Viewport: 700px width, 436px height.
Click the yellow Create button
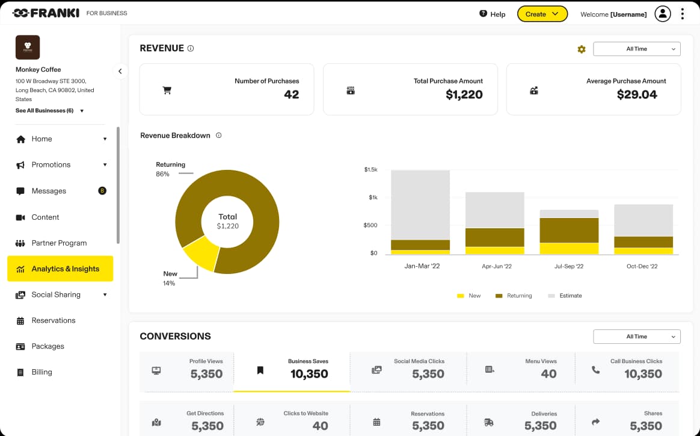pyautogui.click(x=542, y=14)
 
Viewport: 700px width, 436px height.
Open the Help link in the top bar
pyautogui.click(x=492, y=14)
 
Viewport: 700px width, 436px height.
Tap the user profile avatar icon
pyautogui.click(x=662, y=14)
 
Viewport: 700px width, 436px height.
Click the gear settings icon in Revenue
pyautogui.click(x=582, y=49)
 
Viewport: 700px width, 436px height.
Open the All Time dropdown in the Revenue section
pyautogui.click(x=636, y=49)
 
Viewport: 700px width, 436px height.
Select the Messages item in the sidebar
pyautogui.click(x=49, y=191)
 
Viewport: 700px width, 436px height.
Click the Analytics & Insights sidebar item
pyautogui.click(x=60, y=269)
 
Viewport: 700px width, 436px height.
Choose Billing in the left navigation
pyautogui.click(x=41, y=372)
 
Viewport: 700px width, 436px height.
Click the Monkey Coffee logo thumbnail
pyautogui.click(x=28, y=47)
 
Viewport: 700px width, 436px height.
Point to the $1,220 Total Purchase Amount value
pyautogui.click(x=464, y=95)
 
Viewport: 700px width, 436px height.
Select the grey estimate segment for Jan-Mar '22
pyautogui.click(x=420, y=205)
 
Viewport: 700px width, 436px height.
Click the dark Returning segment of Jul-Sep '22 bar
pyautogui.click(x=568, y=230)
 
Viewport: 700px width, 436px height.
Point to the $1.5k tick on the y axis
pyautogui.click(x=370, y=170)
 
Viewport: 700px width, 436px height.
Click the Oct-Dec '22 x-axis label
pyautogui.click(x=642, y=266)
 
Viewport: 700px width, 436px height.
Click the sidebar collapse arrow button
pyautogui.click(x=120, y=71)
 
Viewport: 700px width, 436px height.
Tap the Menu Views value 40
pyautogui.click(x=548, y=374)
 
